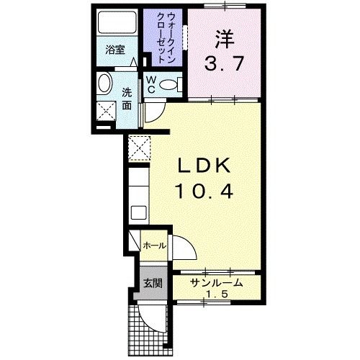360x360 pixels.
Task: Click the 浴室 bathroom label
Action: [x=115, y=50]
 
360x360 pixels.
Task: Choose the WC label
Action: [x=153, y=84]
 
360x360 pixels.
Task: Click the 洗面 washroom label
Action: [x=126, y=98]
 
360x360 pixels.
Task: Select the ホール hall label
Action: [x=154, y=246]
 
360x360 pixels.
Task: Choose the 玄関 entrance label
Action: [x=151, y=283]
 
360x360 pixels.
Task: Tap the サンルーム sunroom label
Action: [x=216, y=283]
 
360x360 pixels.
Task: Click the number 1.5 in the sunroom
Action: [x=216, y=295]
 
